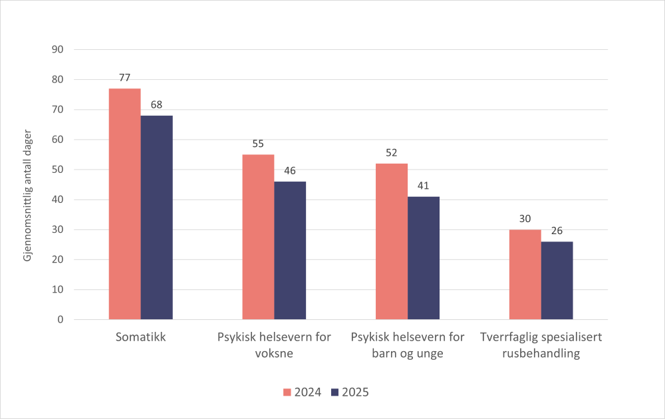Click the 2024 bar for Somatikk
pyautogui.click(x=124, y=204)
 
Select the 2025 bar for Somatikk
pyautogui.click(x=156, y=217)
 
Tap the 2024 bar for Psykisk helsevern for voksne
pyautogui.click(x=258, y=237)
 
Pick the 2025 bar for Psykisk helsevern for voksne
pyautogui.click(x=290, y=250)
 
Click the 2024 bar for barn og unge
pyautogui.click(x=392, y=241)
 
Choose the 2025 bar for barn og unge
pyautogui.click(x=424, y=258)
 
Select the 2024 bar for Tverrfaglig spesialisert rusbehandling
pyautogui.click(x=525, y=274)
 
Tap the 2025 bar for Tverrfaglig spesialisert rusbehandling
pyautogui.click(x=557, y=280)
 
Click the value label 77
pyautogui.click(x=124, y=78)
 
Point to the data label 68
pyautogui.click(x=156, y=104)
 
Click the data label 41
pyautogui.click(x=424, y=186)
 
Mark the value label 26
pyautogui.click(x=557, y=231)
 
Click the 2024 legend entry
pyautogui.click(x=303, y=392)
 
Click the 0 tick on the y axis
pyautogui.click(x=61, y=320)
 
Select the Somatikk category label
pyautogui.click(x=140, y=337)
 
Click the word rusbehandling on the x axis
pyautogui.click(x=541, y=354)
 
